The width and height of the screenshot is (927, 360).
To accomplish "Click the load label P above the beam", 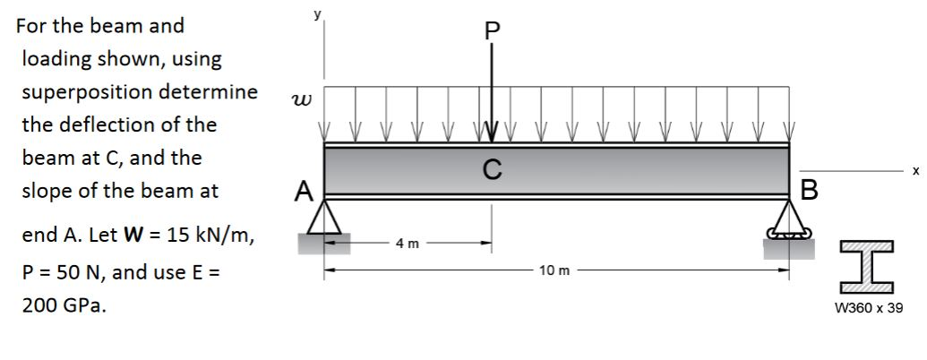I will click(x=491, y=30).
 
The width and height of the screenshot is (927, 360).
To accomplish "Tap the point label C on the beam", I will click(x=491, y=168).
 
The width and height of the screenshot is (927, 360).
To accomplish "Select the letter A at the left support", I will click(x=305, y=191).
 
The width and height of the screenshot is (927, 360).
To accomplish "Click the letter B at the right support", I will click(x=810, y=191).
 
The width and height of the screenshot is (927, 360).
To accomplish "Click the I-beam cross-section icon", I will click(x=868, y=266).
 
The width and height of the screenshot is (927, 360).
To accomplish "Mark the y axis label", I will click(x=314, y=15).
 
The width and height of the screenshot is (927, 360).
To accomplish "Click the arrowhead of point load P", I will click(x=491, y=133).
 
